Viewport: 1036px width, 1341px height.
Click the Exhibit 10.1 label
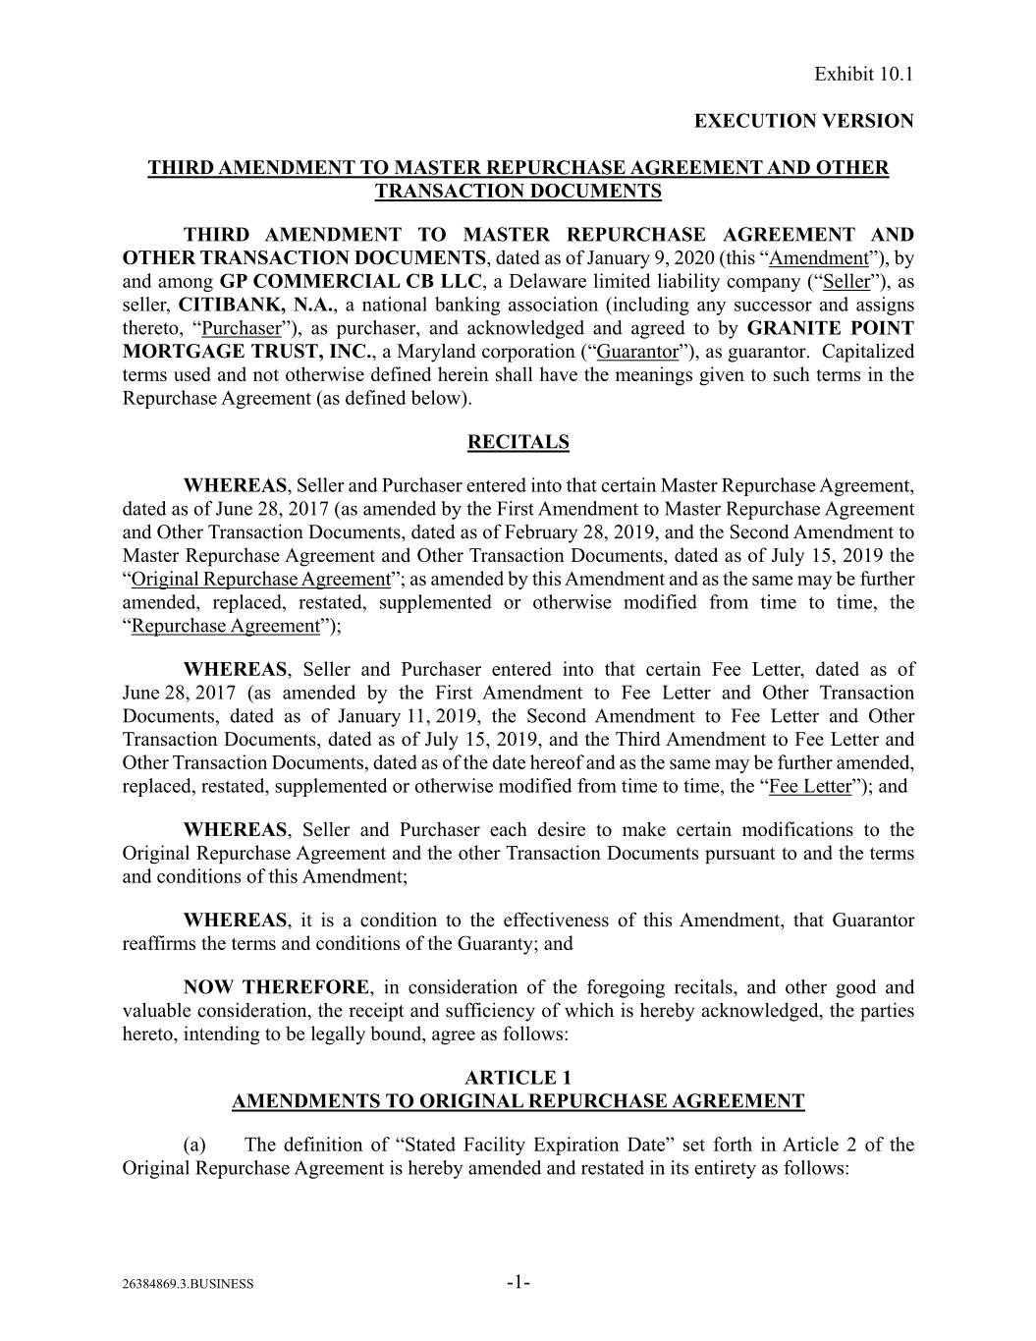(x=864, y=74)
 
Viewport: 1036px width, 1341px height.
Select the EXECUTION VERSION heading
(x=803, y=121)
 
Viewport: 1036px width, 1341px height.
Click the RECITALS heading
(x=518, y=442)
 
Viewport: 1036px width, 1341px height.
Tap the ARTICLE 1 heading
(x=518, y=1078)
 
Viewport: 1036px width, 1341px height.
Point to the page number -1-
(x=518, y=1282)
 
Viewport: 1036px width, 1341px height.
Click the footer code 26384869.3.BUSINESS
(x=188, y=1284)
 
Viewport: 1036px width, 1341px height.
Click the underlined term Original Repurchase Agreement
(x=260, y=579)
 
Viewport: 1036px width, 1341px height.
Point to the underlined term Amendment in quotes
(x=818, y=257)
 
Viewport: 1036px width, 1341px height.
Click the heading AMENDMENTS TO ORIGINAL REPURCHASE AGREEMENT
(x=518, y=1101)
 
